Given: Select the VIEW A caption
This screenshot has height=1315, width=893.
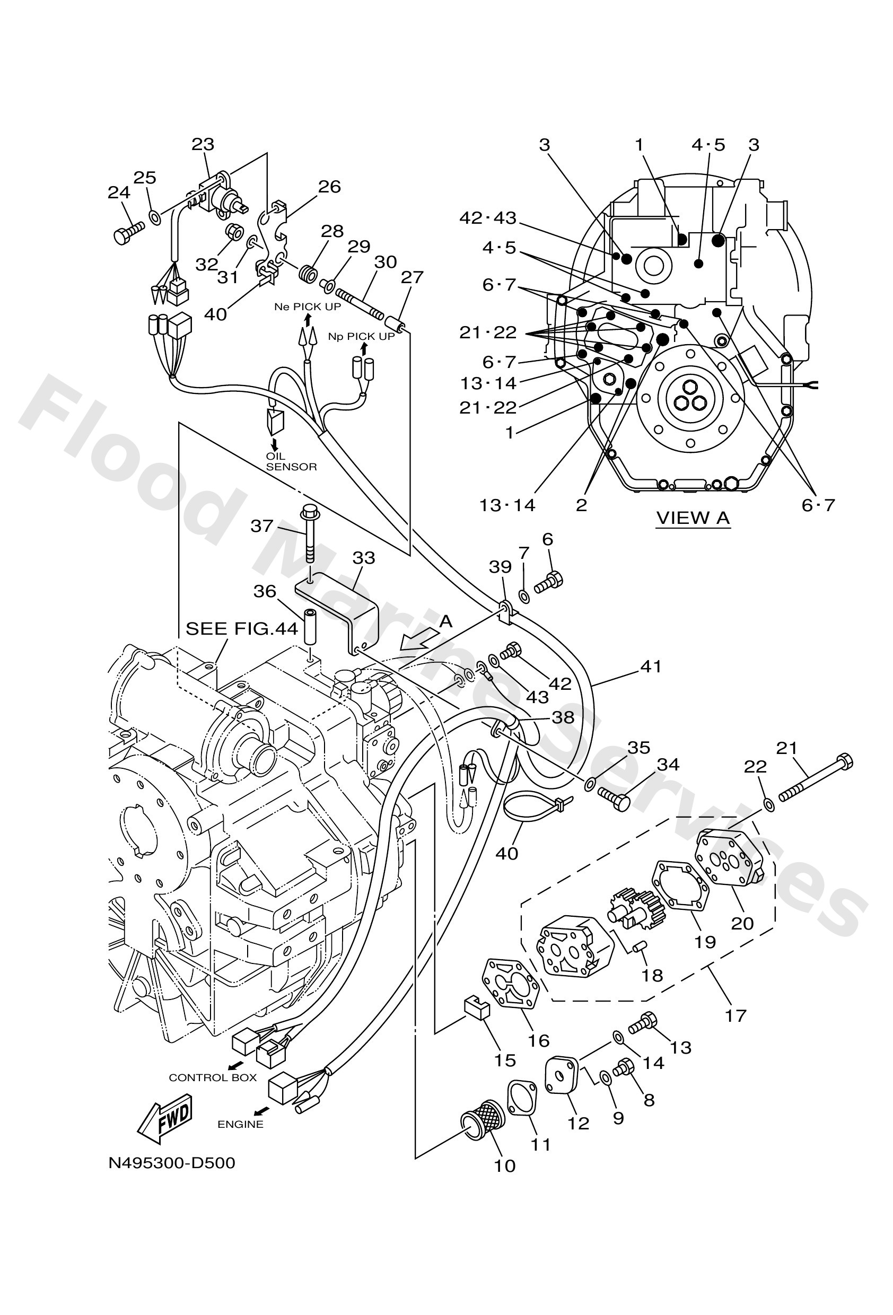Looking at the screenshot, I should (x=693, y=517).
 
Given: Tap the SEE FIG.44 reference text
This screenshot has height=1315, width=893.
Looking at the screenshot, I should (x=242, y=629).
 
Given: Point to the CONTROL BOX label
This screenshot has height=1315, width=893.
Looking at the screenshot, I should (x=213, y=1078).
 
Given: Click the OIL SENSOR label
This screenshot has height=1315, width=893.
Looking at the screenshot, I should (x=291, y=462).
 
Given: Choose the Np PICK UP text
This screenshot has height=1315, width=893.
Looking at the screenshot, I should (x=361, y=337).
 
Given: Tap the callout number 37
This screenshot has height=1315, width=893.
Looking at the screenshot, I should (x=261, y=526).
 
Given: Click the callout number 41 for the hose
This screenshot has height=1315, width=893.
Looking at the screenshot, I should (x=651, y=667).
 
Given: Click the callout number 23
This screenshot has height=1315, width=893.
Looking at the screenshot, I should (x=203, y=145).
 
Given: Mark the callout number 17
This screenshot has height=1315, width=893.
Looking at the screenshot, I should (x=736, y=1015).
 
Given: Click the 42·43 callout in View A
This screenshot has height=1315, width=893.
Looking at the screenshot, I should (x=488, y=218).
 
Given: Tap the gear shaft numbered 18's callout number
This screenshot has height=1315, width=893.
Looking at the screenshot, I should (x=652, y=976).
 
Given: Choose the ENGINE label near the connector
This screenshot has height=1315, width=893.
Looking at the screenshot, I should (x=241, y=1124).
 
